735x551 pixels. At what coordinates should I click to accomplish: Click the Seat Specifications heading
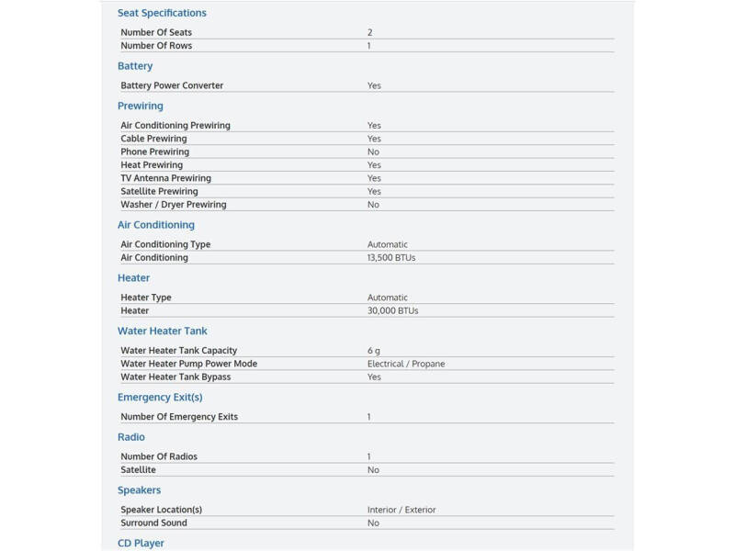tap(162, 13)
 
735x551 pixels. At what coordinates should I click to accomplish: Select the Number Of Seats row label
tap(156, 32)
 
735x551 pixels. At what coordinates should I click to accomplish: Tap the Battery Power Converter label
tap(172, 85)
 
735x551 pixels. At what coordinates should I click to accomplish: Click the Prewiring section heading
tap(140, 106)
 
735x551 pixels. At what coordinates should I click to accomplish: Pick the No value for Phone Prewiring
tap(373, 152)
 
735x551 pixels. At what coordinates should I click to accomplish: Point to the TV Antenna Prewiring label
tap(165, 178)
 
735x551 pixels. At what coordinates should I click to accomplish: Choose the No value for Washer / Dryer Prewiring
tap(373, 205)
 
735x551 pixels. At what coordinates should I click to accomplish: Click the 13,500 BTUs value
tap(391, 258)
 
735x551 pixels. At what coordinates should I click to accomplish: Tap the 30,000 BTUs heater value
tap(392, 311)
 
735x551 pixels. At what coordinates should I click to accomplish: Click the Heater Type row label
tap(146, 298)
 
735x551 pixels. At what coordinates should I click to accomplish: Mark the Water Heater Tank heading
tap(163, 331)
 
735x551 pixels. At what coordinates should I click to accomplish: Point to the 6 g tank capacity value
tap(373, 351)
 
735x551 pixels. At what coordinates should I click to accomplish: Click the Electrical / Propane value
tap(406, 364)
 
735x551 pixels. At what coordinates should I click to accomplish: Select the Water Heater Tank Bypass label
tap(175, 377)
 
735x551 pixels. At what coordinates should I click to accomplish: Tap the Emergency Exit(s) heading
tap(160, 398)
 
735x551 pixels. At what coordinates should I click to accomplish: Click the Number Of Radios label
tap(159, 456)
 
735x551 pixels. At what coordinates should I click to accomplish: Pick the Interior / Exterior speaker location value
tap(401, 510)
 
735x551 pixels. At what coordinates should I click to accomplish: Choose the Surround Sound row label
tap(153, 523)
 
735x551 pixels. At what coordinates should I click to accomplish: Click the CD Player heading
tap(141, 544)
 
